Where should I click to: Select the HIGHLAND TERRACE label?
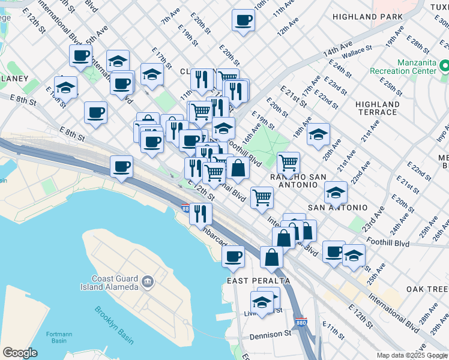click(377, 108)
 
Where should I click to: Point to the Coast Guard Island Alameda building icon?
click(146, 281)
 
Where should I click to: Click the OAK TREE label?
click(427, 289)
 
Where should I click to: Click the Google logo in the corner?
click(20, 352)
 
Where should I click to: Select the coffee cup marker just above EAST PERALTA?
click(233, 256)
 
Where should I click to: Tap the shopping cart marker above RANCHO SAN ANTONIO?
click(289, 161)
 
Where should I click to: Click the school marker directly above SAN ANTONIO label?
click(336, 192)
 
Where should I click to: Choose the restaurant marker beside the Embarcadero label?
click(200, 213)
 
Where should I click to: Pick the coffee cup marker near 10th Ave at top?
click(243, 20)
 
